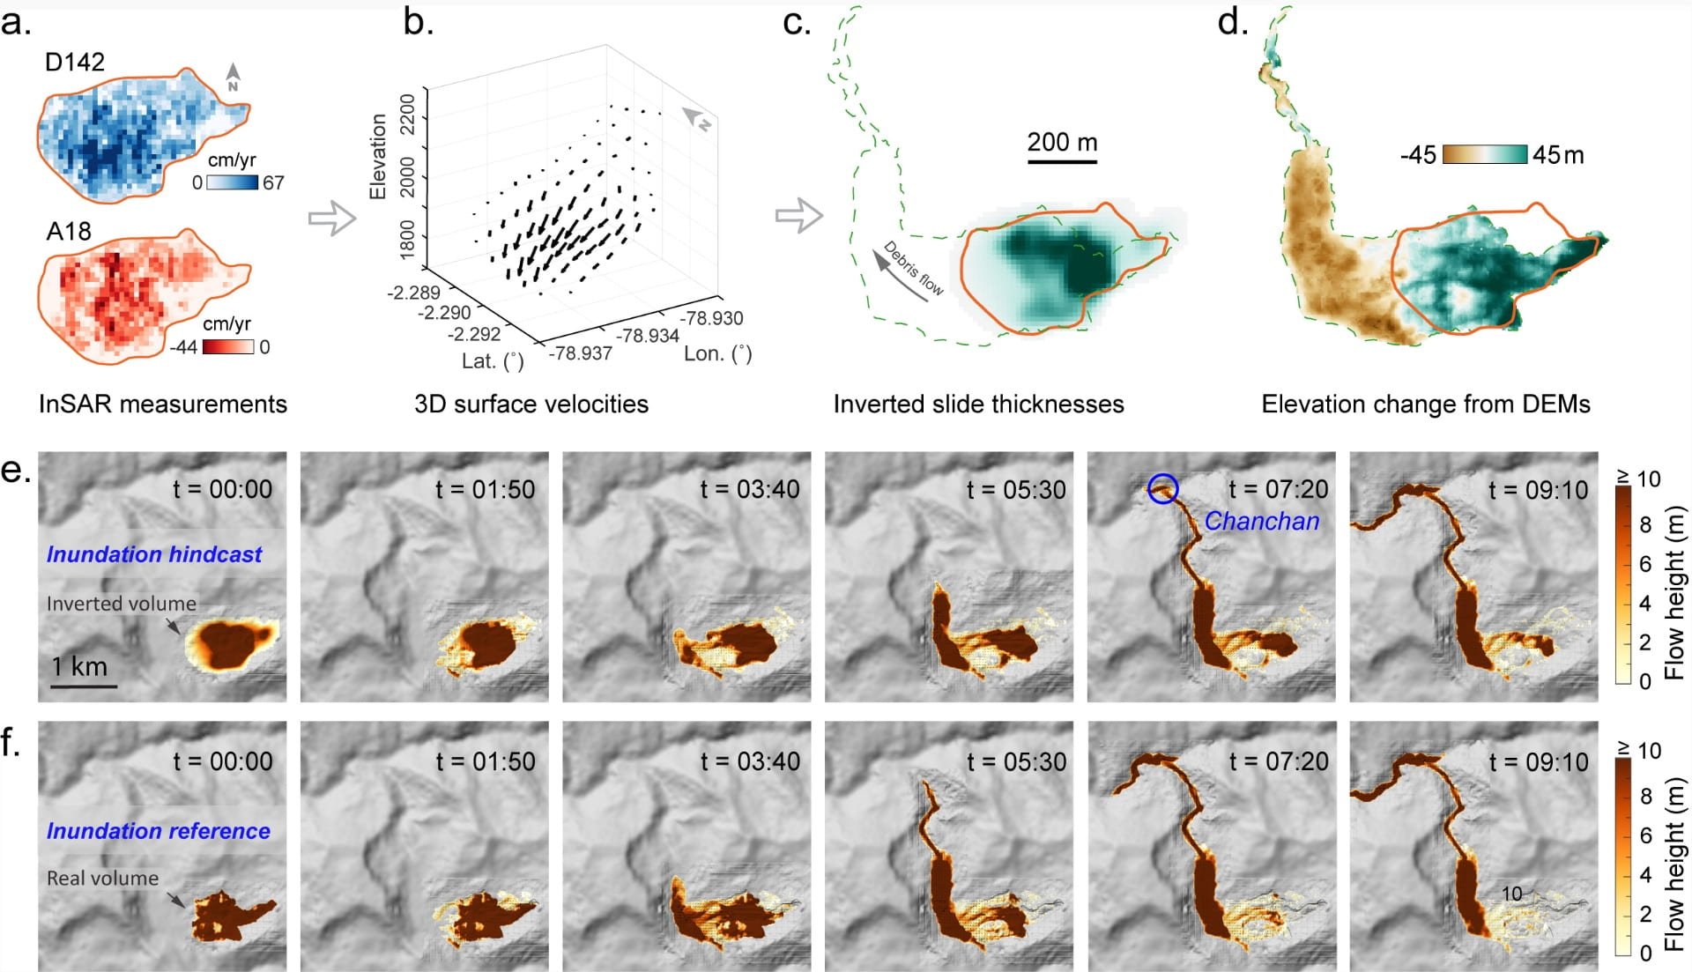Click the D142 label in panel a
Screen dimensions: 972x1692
click(x=75, y=62)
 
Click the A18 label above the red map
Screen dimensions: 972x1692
click(x=69, y=231)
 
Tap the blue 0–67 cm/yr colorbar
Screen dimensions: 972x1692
click(x=233, y=182)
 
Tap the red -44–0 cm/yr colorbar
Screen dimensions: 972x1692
click(x=228, y=346)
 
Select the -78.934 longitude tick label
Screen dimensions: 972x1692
click(x=648, y=336)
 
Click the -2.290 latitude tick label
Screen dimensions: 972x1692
click(x=443, y=313)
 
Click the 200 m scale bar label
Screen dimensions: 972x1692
click(x=1062, y=142)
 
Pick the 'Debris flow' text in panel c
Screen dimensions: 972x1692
click(x=913, y=268)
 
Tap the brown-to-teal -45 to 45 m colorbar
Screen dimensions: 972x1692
click(x=1485, y=154)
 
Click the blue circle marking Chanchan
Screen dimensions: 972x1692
click(x=1163, y=488)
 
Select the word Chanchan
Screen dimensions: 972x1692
click(x=1262, y=521)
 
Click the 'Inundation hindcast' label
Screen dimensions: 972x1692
click(x=154, y=554)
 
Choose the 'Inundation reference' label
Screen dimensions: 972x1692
click(x=159, y=831)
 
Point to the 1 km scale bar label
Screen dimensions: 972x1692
click(x=79, y=666)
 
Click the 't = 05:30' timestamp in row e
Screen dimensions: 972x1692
click(x=1016, y=489)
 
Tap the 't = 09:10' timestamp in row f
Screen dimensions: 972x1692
click(x=1539, y=761)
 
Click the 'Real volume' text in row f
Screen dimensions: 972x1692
click(x=102, y=879)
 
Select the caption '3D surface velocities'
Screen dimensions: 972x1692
click(x=531, y=404)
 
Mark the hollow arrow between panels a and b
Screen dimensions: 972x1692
click(x=331, y=218)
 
